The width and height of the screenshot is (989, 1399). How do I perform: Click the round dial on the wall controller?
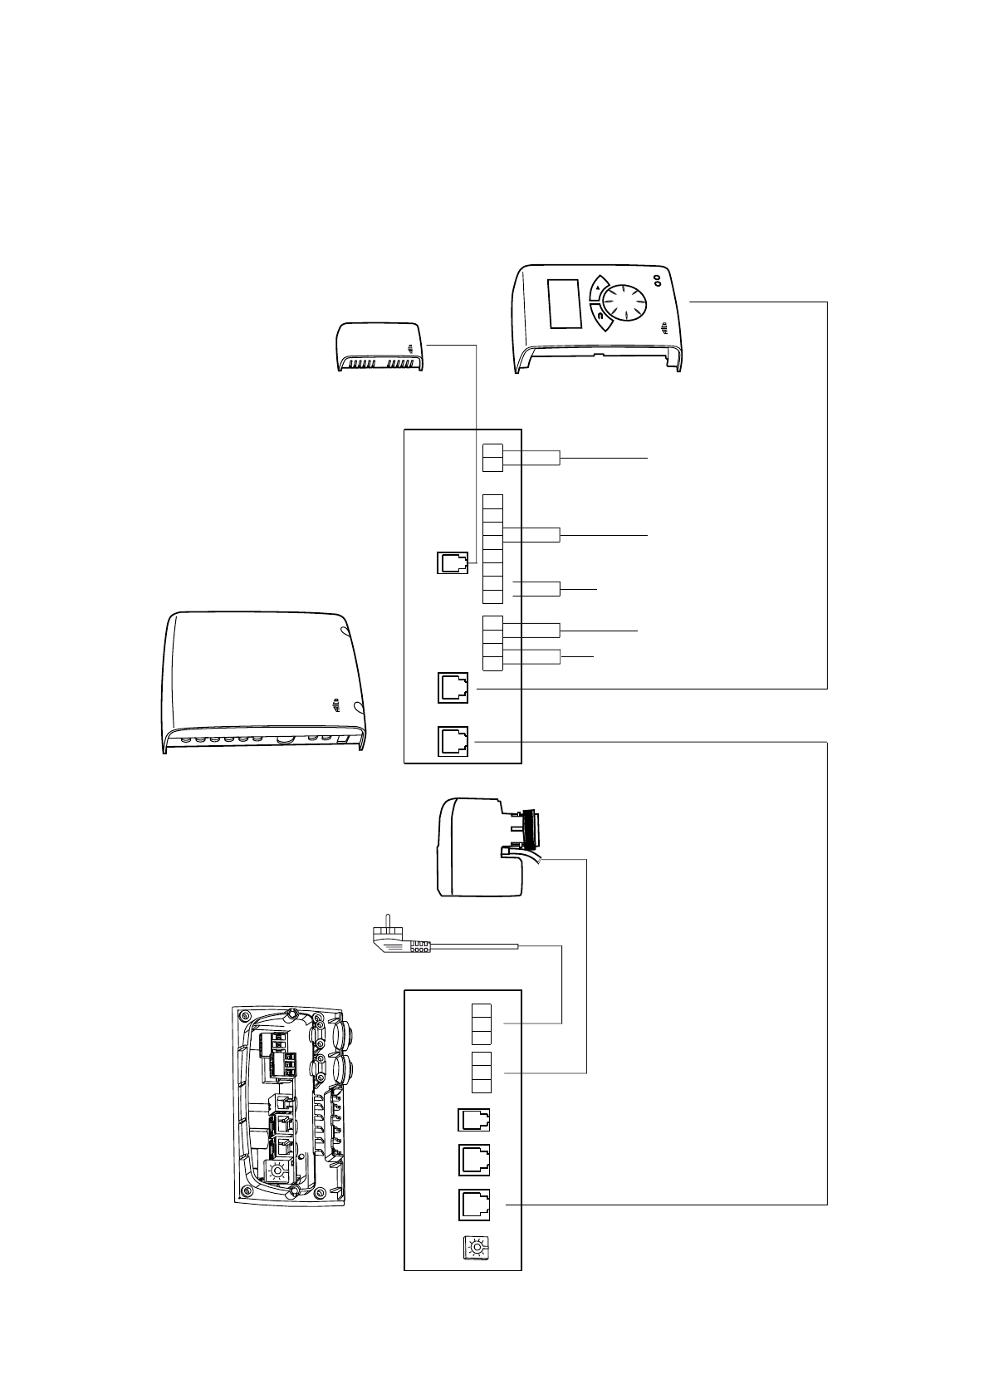622,302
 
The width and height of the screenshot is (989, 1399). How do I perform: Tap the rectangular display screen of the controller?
565,303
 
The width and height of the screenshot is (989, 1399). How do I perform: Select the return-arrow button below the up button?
598,317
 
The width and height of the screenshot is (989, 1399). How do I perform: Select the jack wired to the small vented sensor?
453,563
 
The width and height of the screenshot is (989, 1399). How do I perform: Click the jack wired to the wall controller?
453,688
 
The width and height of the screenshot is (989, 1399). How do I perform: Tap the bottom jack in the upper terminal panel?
453,741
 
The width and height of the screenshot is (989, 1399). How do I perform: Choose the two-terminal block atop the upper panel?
492,458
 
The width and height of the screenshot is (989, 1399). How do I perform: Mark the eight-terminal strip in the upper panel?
492,549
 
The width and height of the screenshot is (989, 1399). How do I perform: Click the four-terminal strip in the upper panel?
492,643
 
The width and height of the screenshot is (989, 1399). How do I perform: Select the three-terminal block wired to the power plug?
482,1023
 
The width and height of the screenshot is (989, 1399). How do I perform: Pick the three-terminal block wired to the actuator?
482,1073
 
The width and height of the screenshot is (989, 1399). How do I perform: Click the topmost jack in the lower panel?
474,1121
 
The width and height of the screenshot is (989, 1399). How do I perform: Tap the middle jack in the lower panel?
474,1159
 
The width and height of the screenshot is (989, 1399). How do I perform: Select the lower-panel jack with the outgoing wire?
474,1205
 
